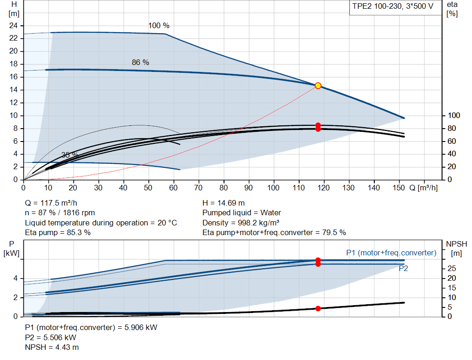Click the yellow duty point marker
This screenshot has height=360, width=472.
coord(318,86)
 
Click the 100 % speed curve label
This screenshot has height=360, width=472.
coord(159,26)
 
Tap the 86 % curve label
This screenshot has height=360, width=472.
coord(140,62)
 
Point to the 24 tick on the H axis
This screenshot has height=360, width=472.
coord(13,26)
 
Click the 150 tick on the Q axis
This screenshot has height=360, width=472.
coord(399,188)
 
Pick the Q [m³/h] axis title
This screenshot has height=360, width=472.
coord(424,188)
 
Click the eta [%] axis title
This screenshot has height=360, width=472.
coord(452,9)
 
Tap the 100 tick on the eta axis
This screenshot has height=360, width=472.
coord(454,115)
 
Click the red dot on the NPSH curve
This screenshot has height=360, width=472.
coord(318,308)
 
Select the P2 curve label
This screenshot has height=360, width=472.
coord(403,268)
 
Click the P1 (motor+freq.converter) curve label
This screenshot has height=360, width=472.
coord(391,253)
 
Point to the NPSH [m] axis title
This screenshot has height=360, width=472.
coord(456,248)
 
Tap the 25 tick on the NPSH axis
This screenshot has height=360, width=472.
coord(452,268)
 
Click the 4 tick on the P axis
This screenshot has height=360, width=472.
coord(15,278)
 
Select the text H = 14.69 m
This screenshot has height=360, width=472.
coord(224,203)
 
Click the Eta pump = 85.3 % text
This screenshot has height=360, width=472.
coord(58,233)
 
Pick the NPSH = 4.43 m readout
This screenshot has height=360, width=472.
coord(52,348)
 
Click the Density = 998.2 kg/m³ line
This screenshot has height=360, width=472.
coord(241,223)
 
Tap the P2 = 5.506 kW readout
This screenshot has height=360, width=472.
coord(51,337)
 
